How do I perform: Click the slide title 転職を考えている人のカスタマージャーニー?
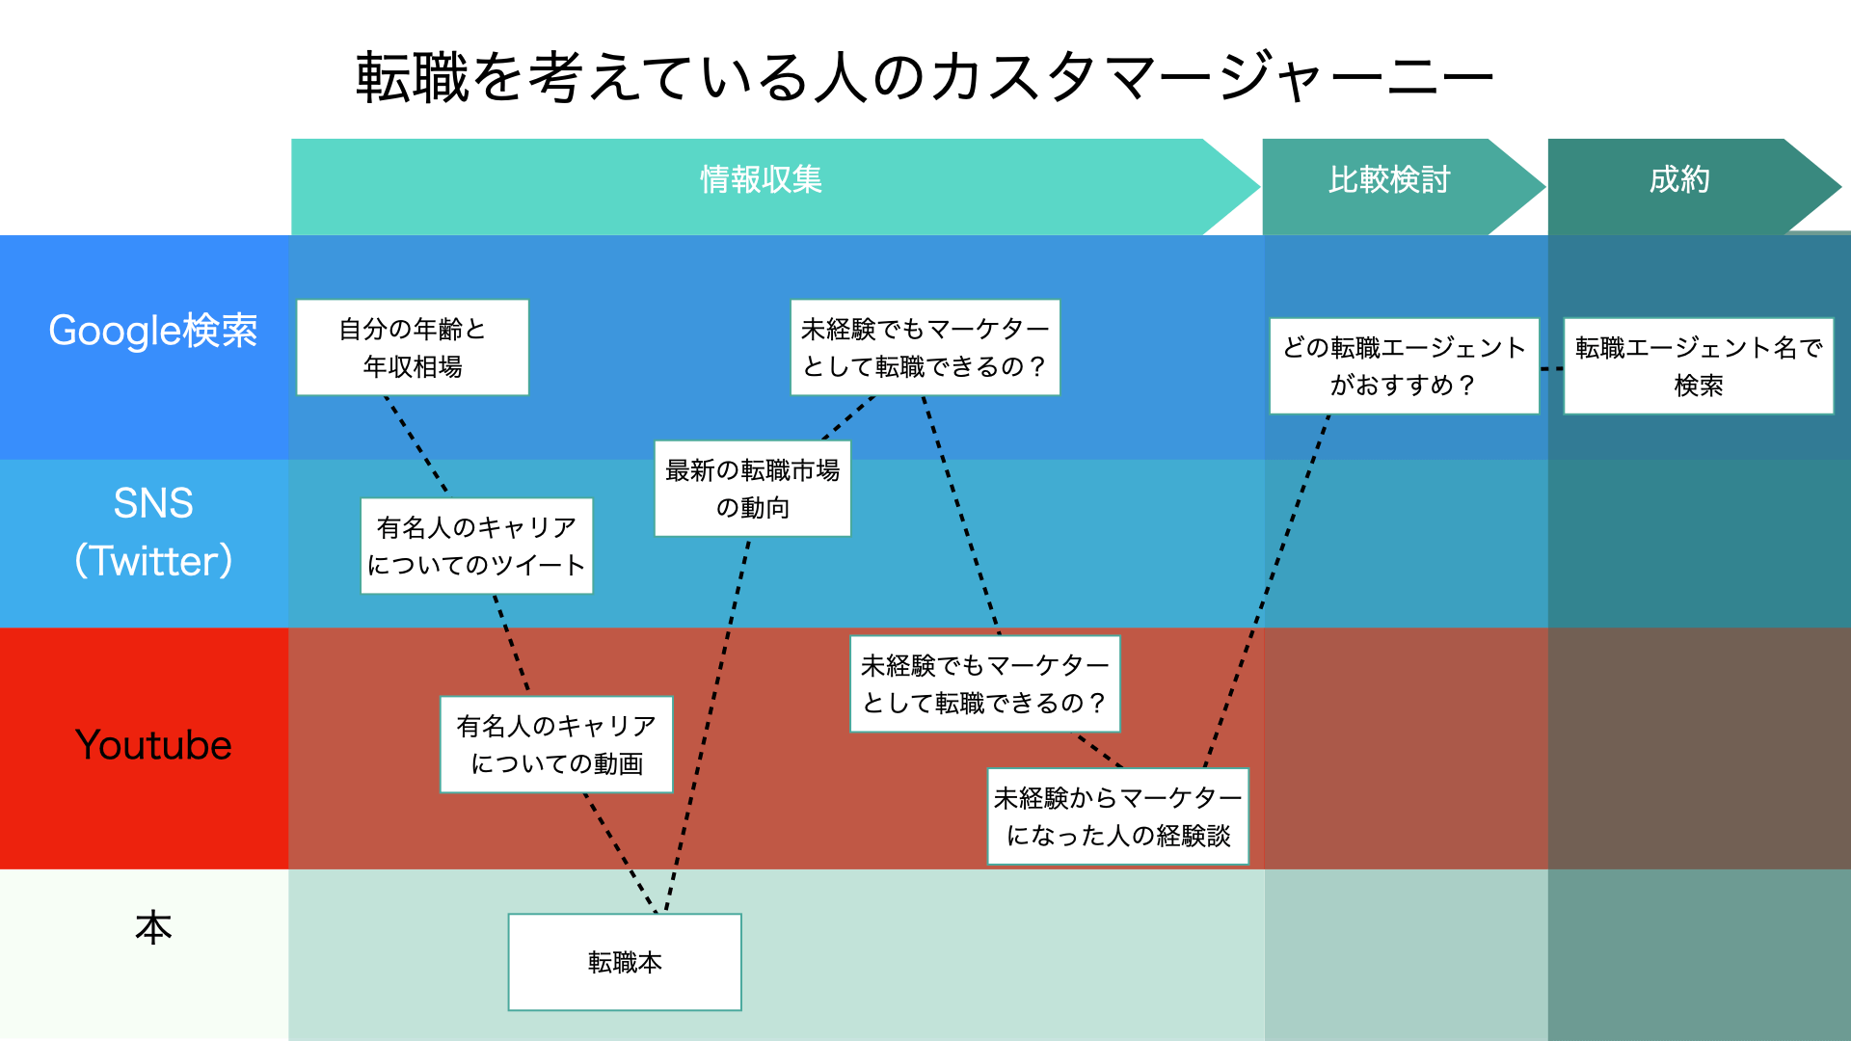(924, 77)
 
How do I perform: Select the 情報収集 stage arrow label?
(761, 180)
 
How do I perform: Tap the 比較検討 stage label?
(1388, 180)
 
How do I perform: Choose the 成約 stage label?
(1678, 180)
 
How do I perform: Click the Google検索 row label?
(152, 331)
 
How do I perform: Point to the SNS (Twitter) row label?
(153, 532)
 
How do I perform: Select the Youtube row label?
(153, 745)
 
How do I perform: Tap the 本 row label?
(153, 927)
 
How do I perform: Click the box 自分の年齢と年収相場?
(413, 347)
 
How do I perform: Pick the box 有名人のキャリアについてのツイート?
(476, 546)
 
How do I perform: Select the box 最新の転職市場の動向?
(752, 489)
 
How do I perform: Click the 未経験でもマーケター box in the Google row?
(925, 347)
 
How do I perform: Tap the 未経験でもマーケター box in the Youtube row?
(984, 683)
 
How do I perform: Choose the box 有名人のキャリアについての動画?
(556, 744)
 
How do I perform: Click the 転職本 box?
(625, 962)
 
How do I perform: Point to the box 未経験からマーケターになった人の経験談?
(1117, 815)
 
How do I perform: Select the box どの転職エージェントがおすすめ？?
(1404, 366)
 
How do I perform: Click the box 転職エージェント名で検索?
(1698, 366)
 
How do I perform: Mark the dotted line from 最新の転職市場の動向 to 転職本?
(709, 723)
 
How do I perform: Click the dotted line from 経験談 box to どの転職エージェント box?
(1269, 588)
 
